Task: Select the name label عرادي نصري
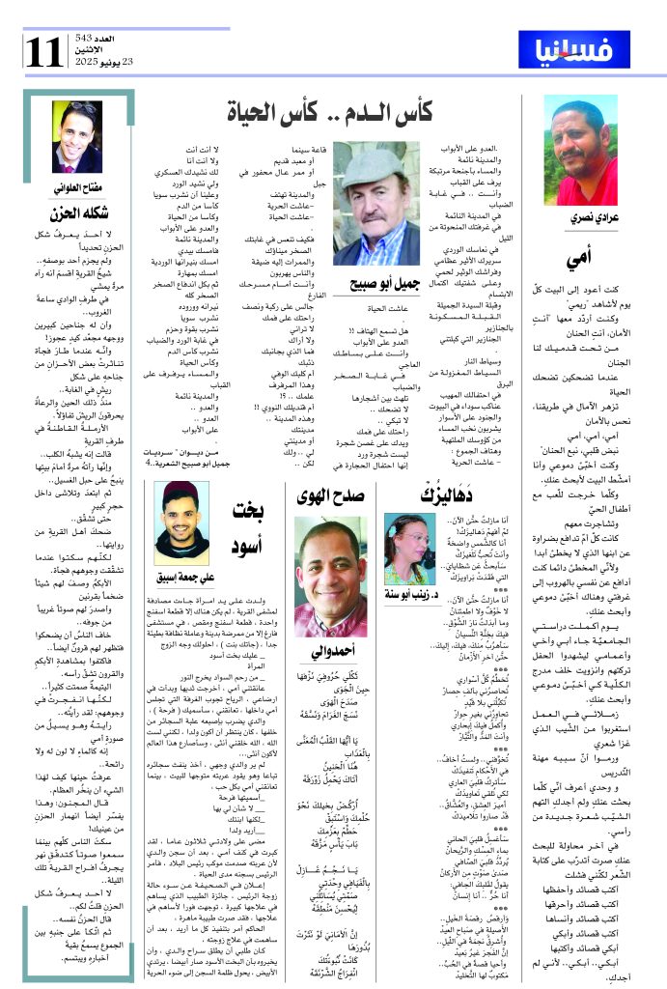[579, 220]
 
